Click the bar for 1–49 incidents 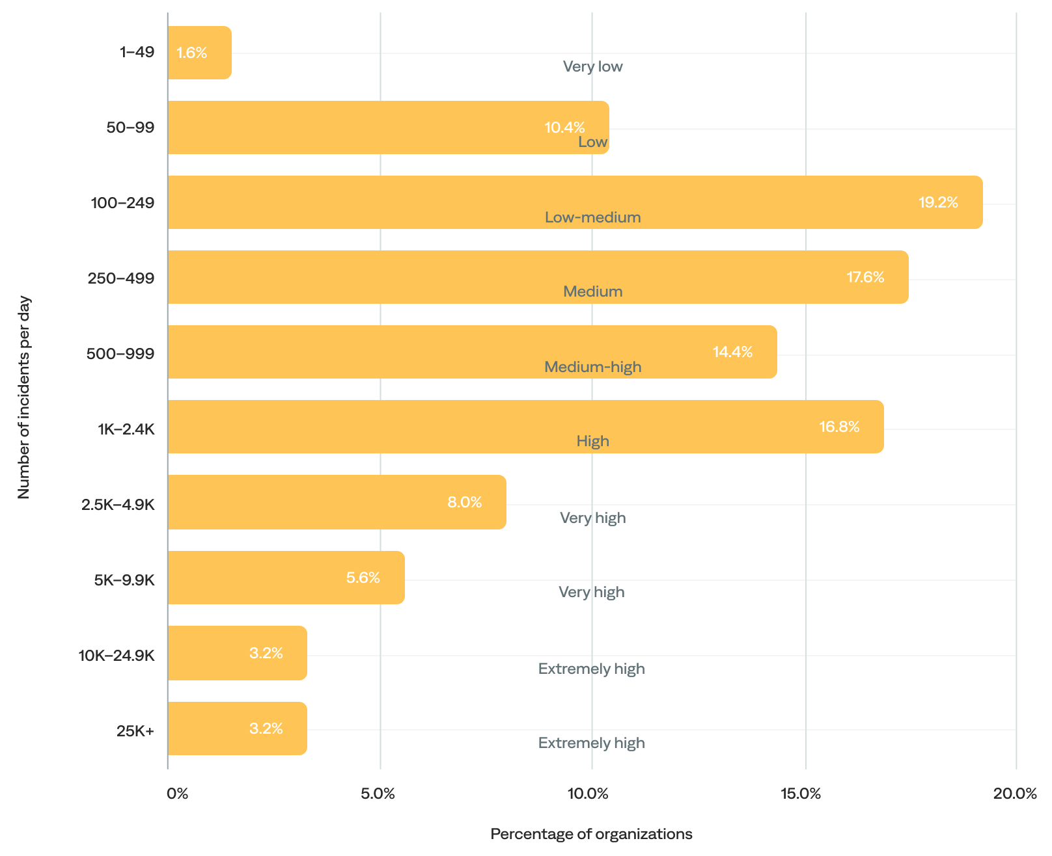pyautogui.click(x=199, y=53)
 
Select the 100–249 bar pyautogui.click(x=574, y=202)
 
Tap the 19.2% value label pyautogui.click(x=937, y=202)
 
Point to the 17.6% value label pyautogui.click(x=865, y=277)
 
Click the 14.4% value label pyautogui.click(x=732, y=352)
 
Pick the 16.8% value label pyautogui.click(x=838, y=427)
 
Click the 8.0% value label pyautogui.click(x=464, y=502)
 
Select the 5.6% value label pyautogui.click(x=363, y=578)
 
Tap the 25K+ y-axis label pyautogui.click(x=135, y=731)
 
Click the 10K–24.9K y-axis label pyautogui.click(x=117, y=656)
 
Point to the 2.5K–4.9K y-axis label pyautogui.click(x=118, y=505)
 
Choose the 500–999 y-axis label pyautogui.click(x=120, y=354)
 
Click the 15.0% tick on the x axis pyautogui.click(x=800, y=794)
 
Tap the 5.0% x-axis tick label pyautogui.click(x=378, y=794)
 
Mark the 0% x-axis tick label pyautogui.click(x=177, y=794)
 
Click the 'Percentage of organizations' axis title pyautogui.click(x=591, y=834)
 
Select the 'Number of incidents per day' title pyautogui.click(x=24, y=397)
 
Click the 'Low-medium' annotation pyautogui.click(x=592, y=217)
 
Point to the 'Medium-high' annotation pyautogui.click(x=592, y=367)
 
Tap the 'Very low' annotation pyautogui.click(x=592, y=66)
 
